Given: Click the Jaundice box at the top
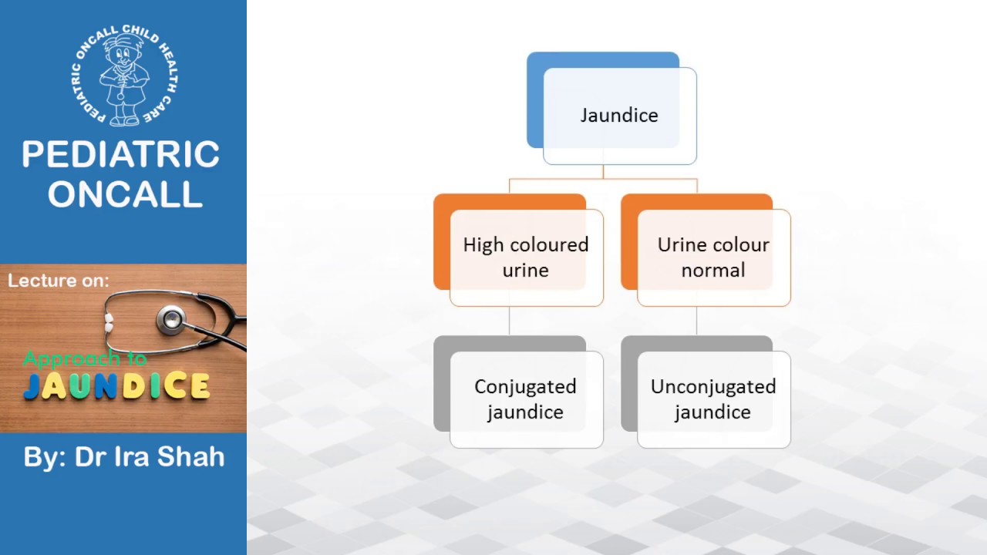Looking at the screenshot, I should [x=619, y=116].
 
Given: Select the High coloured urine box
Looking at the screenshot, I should [x=526, y=257].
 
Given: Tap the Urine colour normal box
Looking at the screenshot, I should [x=713, y=257].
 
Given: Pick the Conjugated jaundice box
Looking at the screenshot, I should [x=525, y=399].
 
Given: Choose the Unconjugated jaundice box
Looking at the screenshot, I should [x=713, y=399].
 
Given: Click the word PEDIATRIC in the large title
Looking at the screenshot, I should [x=121, y=155].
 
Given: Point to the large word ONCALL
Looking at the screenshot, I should [x=125, y=194].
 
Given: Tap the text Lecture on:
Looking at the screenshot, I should [x=59, y=281].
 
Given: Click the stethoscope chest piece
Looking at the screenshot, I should [x=171, y=318].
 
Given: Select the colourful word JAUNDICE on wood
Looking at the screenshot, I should [x=116, y=386].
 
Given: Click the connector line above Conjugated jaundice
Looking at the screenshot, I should [x=510, y=321].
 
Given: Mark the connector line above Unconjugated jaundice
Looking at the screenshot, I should [x=697, y=321].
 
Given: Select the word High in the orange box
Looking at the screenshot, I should [x=483, y=245].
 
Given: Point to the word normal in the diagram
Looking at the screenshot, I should [x=713, y=271].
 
